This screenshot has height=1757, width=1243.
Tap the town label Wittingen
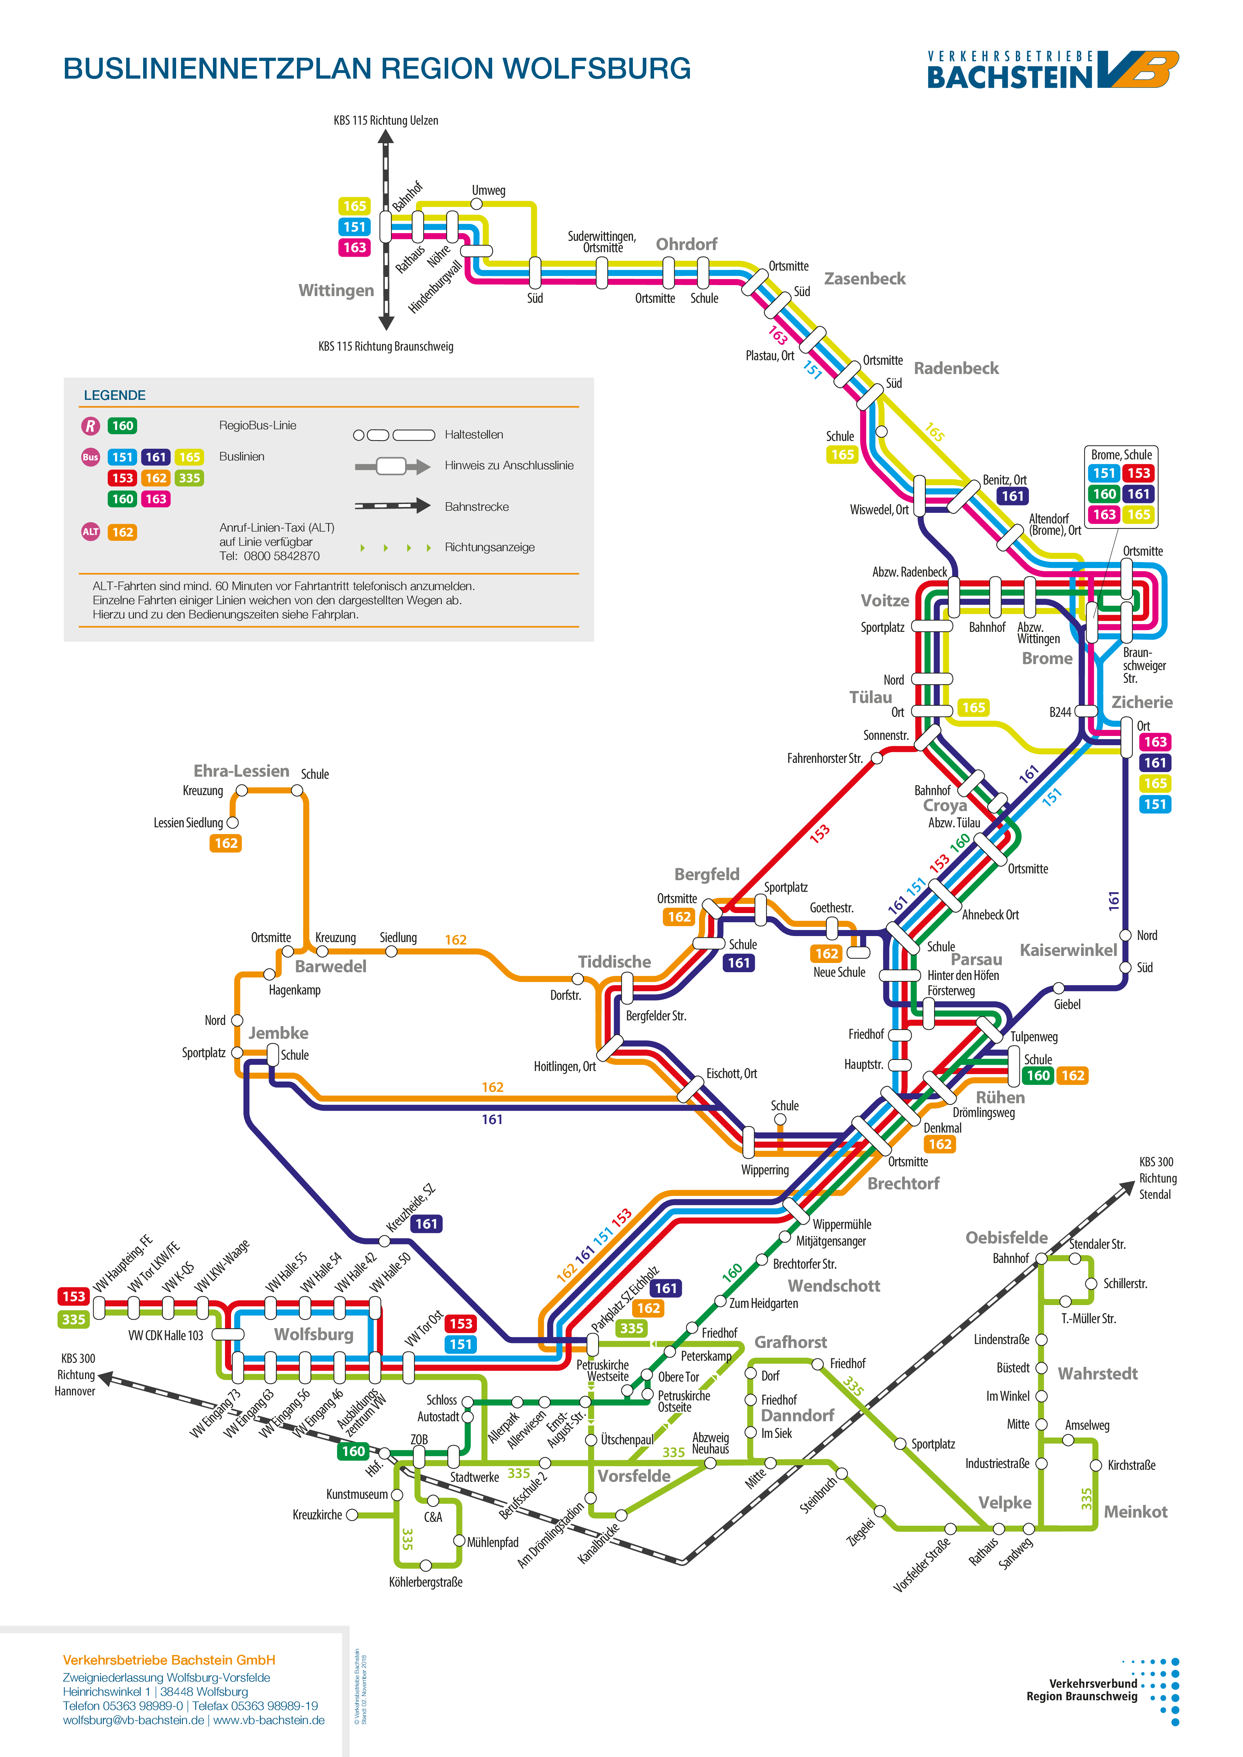[x=336, y=290]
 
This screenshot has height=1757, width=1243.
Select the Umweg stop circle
[x=476, y=204]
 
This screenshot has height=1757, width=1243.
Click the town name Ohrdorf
[x=687, y=244]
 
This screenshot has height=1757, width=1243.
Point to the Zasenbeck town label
[x=864, y=278]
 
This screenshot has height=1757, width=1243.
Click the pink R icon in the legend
[x=90, y=426]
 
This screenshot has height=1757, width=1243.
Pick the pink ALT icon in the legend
[x=90, y=532]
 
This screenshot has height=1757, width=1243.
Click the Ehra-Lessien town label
[x=241, y=771]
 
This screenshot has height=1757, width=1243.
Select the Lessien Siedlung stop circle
[x=233, y=823]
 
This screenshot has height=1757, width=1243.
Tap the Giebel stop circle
[x=1058, y=988]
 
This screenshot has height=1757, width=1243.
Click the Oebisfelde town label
[x=1007, y=1237]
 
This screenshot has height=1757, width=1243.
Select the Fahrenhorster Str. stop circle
[x=877, y=758]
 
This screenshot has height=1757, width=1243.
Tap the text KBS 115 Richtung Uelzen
[x=386, y=120]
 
